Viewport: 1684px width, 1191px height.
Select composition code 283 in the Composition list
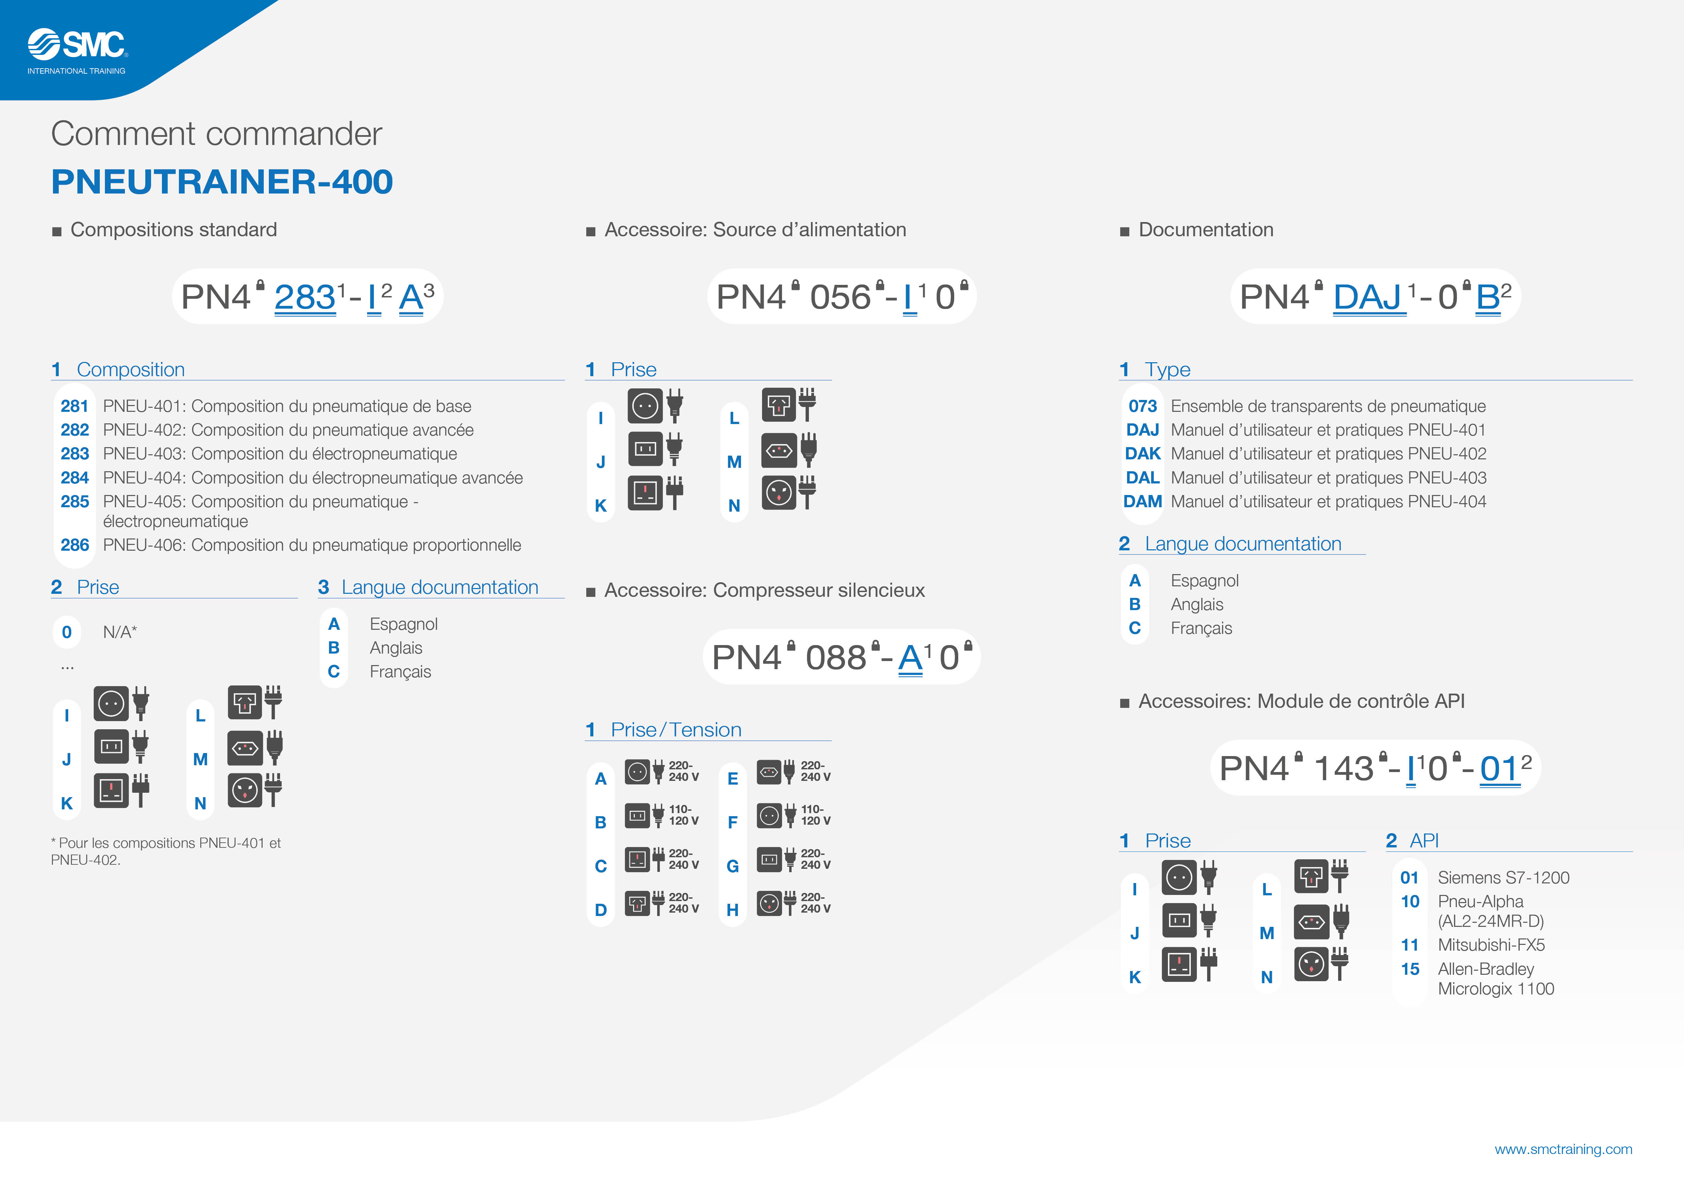(x=75, y=454)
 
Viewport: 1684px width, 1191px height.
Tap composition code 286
(x=75, y=545)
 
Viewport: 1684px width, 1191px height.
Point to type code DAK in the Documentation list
(x=1143, y=454)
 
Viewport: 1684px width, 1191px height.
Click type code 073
(x=1143, y=406)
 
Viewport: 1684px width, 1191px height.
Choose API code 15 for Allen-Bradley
(x=1410, y=969)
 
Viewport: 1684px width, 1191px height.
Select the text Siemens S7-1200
(x=1503, y=878)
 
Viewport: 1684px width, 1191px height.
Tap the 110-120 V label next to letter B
(x=684, y=815)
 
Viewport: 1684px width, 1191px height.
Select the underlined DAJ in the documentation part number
(x=1369, y=297)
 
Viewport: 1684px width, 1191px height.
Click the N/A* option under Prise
(x=120, y=632)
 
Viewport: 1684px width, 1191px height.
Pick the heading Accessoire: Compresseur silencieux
(x=764, y=590)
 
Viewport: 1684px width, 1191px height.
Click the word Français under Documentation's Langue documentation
(x=1201, y=628)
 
